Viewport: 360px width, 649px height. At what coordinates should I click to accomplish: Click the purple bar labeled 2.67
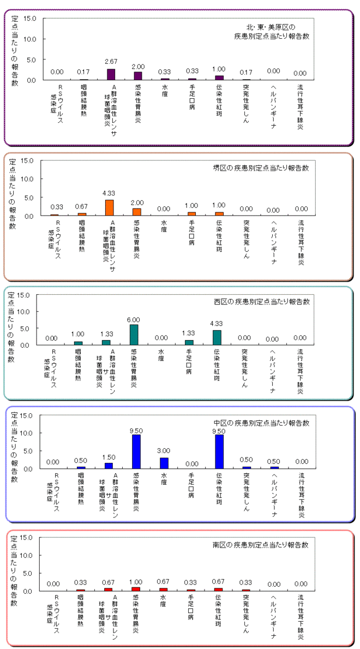(111, 74)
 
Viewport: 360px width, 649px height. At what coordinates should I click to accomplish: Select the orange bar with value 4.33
(109, 208)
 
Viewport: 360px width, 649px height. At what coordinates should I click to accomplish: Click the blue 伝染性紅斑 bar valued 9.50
(219, 451)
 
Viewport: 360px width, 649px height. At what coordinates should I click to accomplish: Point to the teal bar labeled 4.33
(217, 337)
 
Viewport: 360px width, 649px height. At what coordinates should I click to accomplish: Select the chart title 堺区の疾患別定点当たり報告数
(261, 168)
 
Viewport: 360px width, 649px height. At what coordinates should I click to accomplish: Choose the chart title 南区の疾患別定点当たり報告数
(261, 545)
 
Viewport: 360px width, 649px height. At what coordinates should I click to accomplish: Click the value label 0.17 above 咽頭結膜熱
(83, 72)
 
